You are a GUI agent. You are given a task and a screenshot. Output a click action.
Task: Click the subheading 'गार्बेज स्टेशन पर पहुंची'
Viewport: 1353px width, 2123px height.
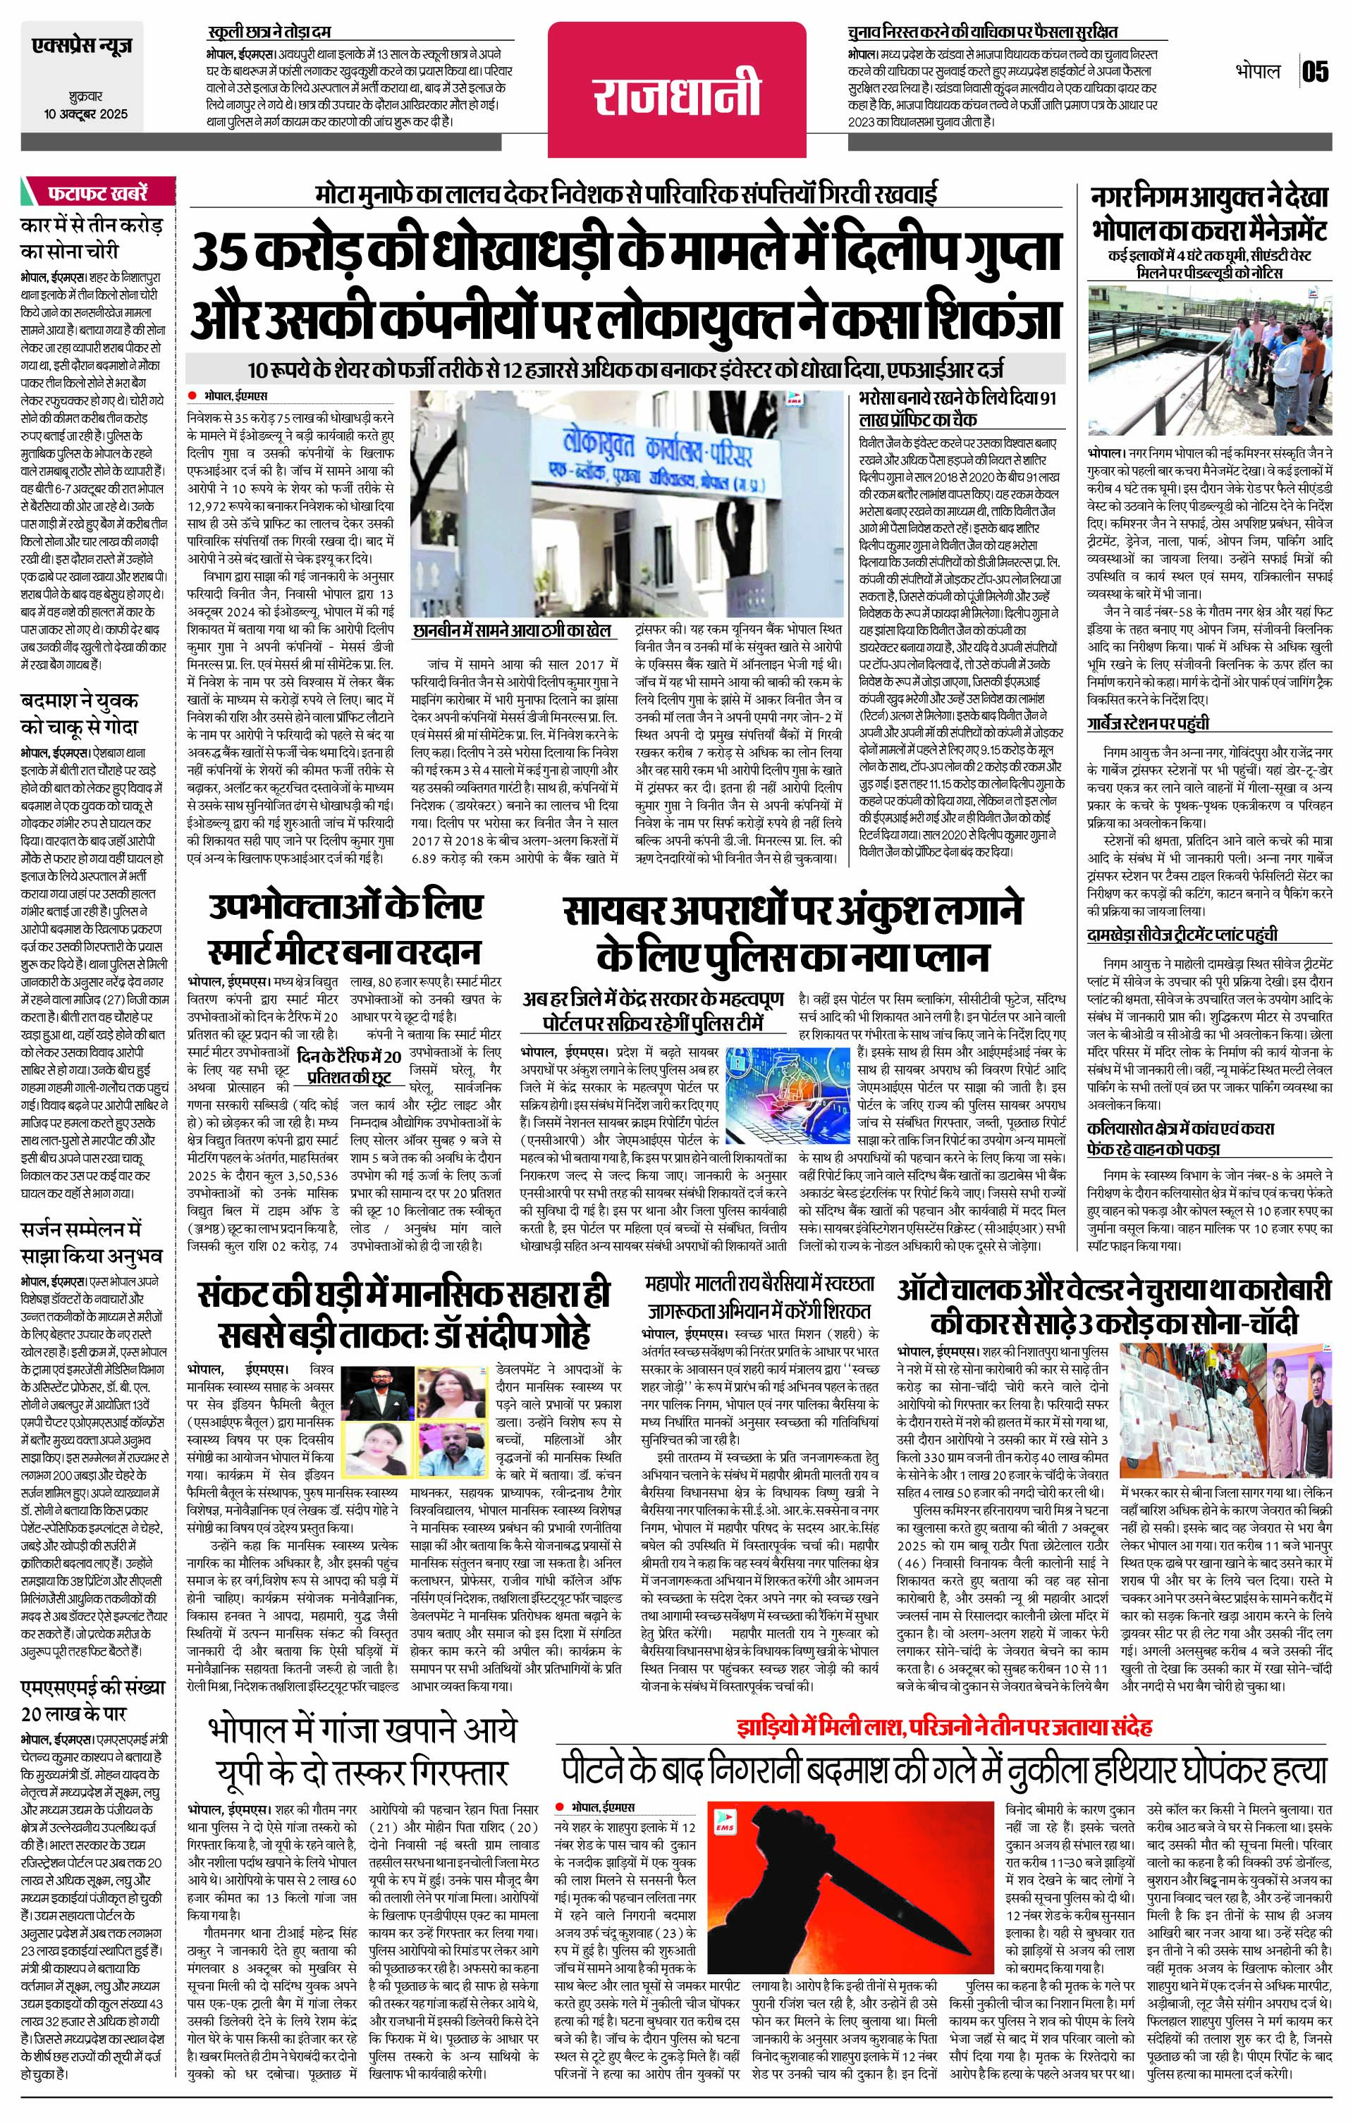1146,724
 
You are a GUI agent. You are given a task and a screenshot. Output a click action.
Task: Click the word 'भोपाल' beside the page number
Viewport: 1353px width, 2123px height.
1257,71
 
